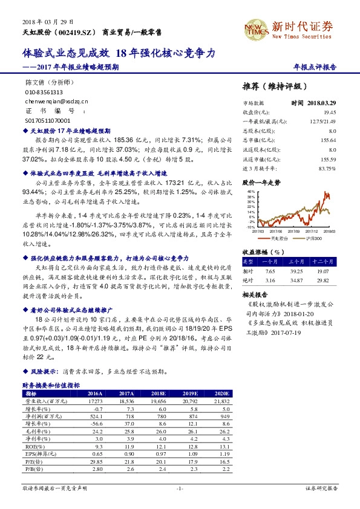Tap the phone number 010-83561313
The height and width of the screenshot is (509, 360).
[x=44, y=92]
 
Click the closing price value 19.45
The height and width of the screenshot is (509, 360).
[x=329, y=112]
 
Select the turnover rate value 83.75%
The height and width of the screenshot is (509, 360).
[x=327, y=167]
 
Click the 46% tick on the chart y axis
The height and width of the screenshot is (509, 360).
[x=249, y=192]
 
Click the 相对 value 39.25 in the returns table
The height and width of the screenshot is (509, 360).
[x=296, y=271]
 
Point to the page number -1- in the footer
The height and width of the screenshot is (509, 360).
[x=179, y=487]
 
